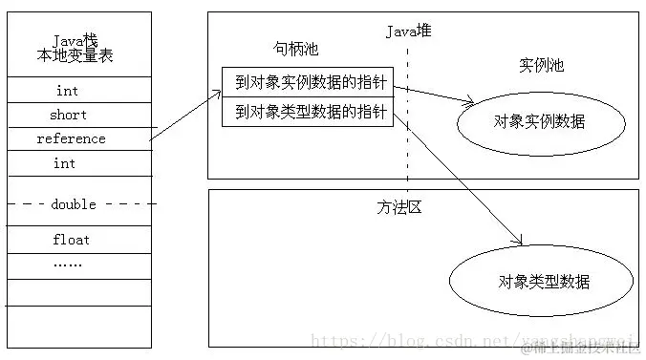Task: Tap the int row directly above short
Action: (66, 91)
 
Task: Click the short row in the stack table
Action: (68, 115)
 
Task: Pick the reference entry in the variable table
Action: (71, 139)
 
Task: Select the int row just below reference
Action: (65, 163)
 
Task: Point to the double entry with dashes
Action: (75, 203)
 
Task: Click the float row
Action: (71, 240)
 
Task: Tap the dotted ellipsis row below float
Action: (67, 263)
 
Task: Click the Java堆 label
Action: (409, 31)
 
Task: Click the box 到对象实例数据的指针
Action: (307, 82)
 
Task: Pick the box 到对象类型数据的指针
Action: (307, 112)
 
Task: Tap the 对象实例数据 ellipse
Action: (540, 122)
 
